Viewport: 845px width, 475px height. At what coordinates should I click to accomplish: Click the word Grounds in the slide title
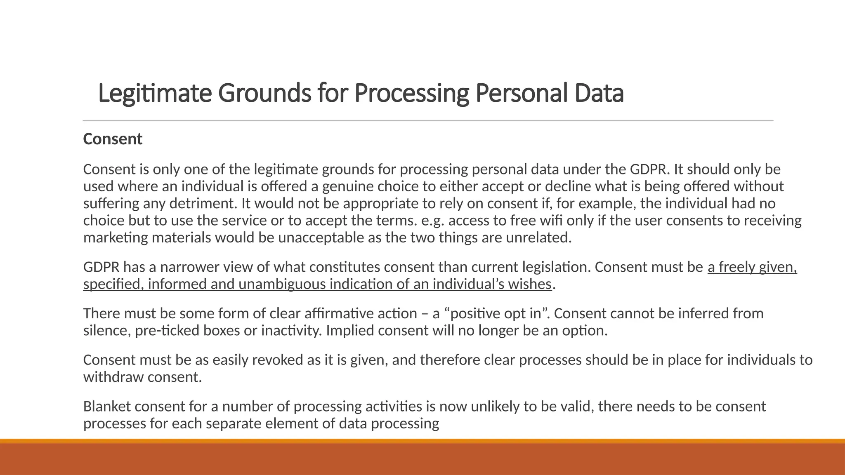264,94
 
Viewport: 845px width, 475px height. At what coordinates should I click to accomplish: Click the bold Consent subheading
113,139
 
